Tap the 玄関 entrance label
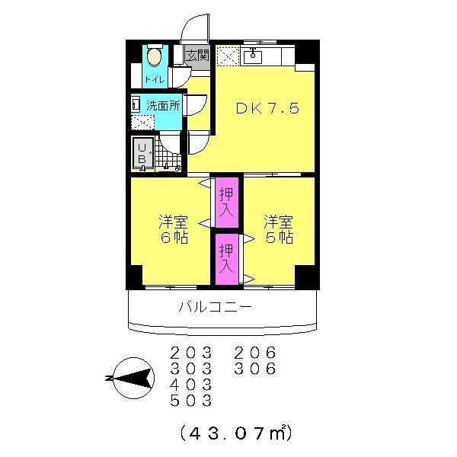pyautogui.click(x=197, y=56)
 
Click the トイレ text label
pyautogui.click(x=153, y=80)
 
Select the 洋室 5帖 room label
pyautogui.click(x=278, y=229)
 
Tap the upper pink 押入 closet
pyautogui.click(x=226, y=202)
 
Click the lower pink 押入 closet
pyautogui.click(x=226, y=259)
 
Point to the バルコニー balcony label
pyautogui.click(x=216, y=308)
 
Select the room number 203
pyautogui.click(x=191, y=353)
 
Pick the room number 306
pyautogui.click(x=254, y=369)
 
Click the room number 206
pyautogui.click(x=254, y=353)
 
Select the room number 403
pyautogui.click(x=191, y=385)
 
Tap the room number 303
pyautogui.click(x=191, y=369)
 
